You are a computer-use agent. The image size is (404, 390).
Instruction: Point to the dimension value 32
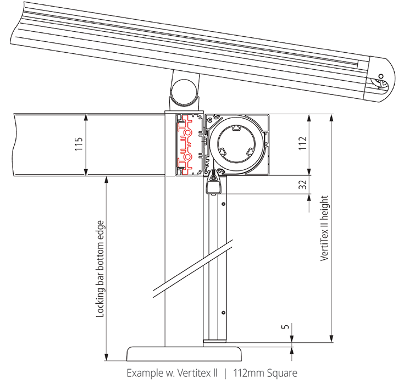pyautogui.click(x=301, y=186)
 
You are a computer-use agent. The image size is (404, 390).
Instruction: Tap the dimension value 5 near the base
pyautogui.click(x=284, y=327)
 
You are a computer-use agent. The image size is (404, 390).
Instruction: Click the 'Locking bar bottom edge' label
pyautogui.click(x=100, y=269)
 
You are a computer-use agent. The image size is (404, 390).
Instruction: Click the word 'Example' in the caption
pyautogui.click(x=143, y=374)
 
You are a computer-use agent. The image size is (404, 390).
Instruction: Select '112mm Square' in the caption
pyautogui.click(x=265, y=374)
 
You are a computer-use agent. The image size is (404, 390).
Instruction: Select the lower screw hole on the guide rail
pyautogui.click(x=223, y=313)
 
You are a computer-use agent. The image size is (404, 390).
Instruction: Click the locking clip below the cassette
pyautogui.click(x=214, y=184)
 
